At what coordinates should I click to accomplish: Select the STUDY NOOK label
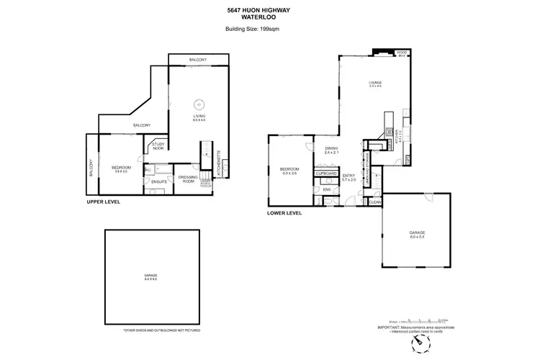158,146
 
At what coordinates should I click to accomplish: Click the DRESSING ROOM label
187,179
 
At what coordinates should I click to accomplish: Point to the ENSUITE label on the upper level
159,181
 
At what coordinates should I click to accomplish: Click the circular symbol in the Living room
199,103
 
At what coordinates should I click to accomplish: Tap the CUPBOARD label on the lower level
328,174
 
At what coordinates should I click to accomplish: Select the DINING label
330,149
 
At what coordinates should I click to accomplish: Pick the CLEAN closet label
376,202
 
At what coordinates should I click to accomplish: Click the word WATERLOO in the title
270,17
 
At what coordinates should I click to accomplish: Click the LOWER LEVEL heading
284,213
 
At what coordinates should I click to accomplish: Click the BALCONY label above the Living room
198,59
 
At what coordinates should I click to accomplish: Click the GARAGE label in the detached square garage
150,276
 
